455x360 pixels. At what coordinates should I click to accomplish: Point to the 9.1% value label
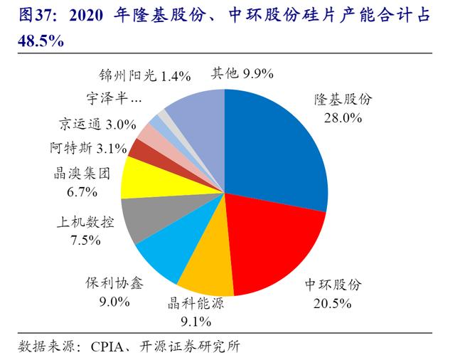pyautogui.click(x=195, y=321)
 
